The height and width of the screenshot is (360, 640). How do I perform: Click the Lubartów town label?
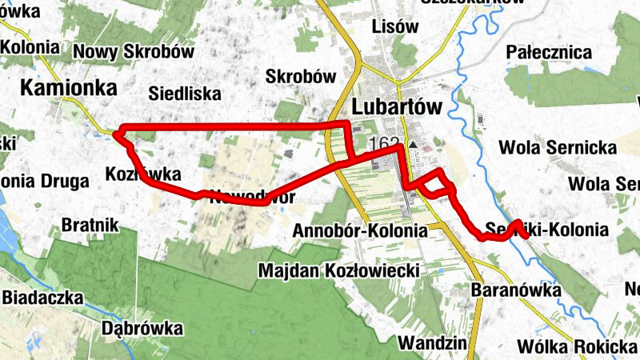tap(396, 107)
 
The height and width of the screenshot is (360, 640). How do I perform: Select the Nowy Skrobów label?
tap(134, 52)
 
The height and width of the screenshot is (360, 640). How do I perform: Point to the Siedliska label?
tap(185, 94)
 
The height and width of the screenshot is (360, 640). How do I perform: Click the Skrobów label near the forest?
tap(299, 78)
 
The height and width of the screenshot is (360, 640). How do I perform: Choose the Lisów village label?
tap(395, 26)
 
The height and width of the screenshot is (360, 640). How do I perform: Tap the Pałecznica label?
tap(549, 53)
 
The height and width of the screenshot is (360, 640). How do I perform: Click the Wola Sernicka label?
tap(558, 148)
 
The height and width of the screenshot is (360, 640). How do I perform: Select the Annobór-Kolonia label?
tap(361, 230)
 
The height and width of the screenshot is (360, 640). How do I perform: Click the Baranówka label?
tap(516, 290)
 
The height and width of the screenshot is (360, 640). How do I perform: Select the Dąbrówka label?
tap(142, 328)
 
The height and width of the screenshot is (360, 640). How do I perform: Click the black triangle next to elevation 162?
tap(413, 146)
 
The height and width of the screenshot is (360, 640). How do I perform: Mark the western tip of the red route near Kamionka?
tap(114, 134)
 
